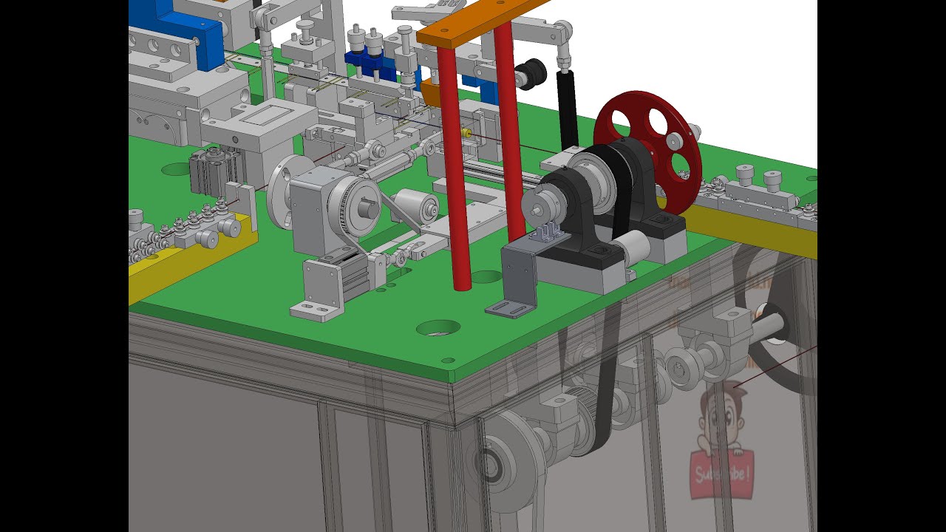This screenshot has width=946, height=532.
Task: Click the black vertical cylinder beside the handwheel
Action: pyautogui.click(x=567, y=111)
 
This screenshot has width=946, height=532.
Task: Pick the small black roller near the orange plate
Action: pyautogui.click(x=531, y=75)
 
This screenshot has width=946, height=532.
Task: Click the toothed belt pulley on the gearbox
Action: pyautogui.click(x=355, y=208)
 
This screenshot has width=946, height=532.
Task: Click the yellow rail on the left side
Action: pyautogui.click(x=185, y=259)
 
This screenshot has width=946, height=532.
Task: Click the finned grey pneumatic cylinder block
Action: pyautogui.click(x=214, y=171)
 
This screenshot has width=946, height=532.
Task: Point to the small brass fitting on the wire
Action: pyautogui.click(x=466, y=133)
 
